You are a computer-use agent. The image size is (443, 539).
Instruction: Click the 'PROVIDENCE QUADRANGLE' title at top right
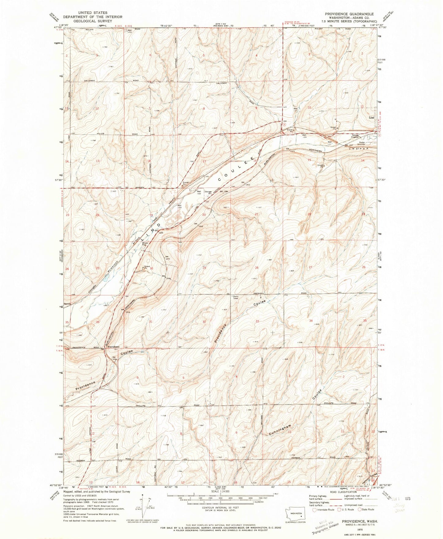(x=352, y=14)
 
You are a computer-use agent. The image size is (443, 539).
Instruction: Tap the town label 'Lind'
(x=372, y=117)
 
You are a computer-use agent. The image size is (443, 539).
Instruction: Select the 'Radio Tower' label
(x=236, y=297)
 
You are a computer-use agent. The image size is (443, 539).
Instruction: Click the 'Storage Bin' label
(x=208, y=193)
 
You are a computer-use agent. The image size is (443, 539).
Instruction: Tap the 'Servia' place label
(x=67, y=304)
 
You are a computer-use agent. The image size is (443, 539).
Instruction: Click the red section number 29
(x=204, y=268)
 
